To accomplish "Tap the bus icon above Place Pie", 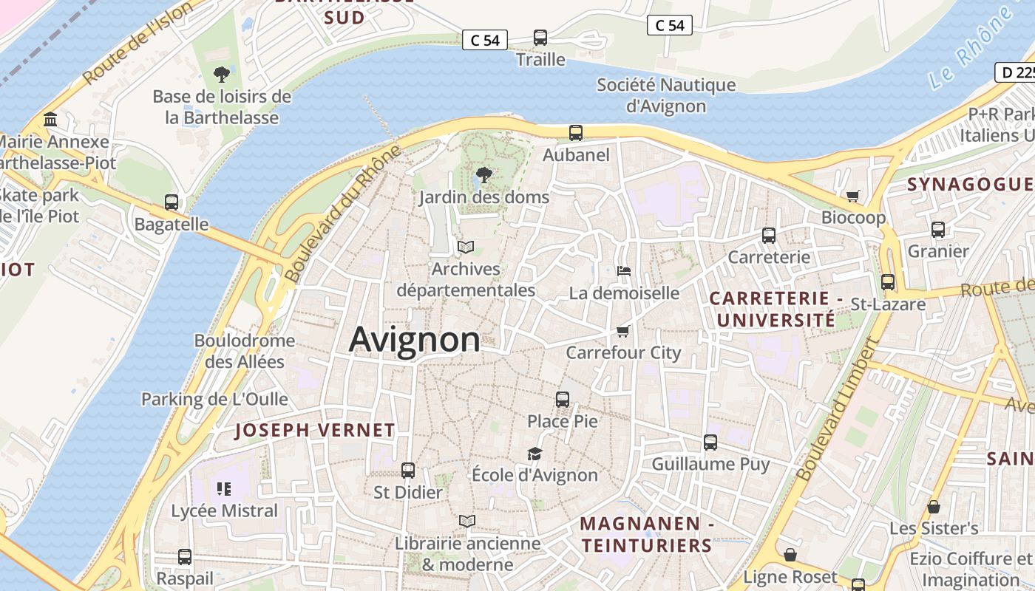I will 563,400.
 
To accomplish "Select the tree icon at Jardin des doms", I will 483,175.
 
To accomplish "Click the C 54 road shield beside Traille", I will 485,40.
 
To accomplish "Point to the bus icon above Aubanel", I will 576,133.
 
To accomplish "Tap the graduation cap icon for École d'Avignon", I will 535,454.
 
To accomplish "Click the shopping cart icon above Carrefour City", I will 623,332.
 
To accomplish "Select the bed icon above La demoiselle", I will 624,271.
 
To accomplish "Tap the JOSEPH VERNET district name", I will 315,430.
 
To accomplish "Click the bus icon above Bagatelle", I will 172,202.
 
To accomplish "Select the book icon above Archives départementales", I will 466,247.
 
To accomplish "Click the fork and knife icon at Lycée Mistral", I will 224,488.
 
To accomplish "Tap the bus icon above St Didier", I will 407,471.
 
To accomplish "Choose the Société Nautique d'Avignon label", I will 666,95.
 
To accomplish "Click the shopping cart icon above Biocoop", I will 853,196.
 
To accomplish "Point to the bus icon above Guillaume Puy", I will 710,443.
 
